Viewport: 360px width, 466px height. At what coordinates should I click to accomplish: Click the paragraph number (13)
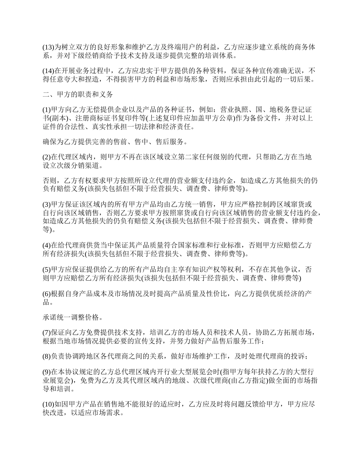click(49, 48)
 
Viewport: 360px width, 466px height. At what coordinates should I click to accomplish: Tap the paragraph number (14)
click(49, 71)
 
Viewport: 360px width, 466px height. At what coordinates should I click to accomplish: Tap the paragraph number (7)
click(47, 332)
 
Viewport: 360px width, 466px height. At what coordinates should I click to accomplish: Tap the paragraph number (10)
click(49, 404)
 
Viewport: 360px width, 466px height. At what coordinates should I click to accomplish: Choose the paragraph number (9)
click(47, 371)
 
